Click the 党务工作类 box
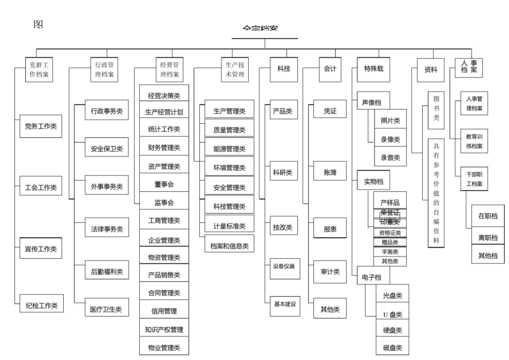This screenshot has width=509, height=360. click(x=41, y=126)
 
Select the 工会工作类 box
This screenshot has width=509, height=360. click(x=41, y=188)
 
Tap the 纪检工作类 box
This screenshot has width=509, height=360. click(x=41, y=306)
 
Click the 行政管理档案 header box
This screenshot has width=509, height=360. click(x=104, y=70)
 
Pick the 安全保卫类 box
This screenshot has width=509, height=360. click(x=107, y=149)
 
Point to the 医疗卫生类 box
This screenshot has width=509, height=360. click(x=107, y=309)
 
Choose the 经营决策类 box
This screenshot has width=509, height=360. click(x=164, y=95)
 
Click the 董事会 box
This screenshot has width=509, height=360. click(x=164, y=184)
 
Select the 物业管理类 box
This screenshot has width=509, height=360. click(x=164, y=348)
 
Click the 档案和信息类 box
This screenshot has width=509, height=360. click(x=230, y=246)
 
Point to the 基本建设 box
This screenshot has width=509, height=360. click(x=285, y=304)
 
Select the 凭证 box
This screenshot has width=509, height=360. click(x=330, y=111)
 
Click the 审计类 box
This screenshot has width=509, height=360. click(x=330, y=272)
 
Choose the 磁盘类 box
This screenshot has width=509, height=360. click(x=392, y=348)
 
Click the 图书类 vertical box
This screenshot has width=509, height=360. click(x=436, y=110)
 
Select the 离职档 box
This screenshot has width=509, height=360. click(x=488, y=237)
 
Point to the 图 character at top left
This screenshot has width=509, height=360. click(x=39, y=25)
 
